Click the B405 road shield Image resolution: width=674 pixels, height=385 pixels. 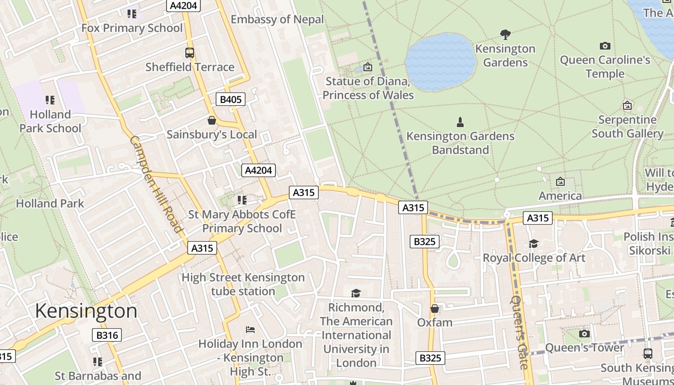230,100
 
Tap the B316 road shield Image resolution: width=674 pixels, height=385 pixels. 107,335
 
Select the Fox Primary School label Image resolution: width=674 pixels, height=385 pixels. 132,28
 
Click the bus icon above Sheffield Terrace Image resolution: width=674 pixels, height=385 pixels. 190,53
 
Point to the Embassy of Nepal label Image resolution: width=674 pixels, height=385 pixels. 277,19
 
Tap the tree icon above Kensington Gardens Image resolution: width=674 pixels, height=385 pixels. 505,34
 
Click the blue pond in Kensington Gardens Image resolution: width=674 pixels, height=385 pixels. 441,62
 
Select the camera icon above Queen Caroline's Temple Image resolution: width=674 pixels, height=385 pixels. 605,46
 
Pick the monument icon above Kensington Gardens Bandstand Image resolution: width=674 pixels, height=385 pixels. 460,122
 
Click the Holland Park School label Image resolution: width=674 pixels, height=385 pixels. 50,121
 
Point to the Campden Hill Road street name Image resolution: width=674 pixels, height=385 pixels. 156,184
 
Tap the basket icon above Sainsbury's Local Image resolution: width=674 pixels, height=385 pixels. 211,120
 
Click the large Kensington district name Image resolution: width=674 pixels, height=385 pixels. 86,311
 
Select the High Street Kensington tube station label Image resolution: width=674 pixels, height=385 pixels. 243,284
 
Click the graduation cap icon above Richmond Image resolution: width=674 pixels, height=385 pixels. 356,293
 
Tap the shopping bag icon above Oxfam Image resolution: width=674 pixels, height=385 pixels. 435,308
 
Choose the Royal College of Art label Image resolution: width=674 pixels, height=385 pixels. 534,257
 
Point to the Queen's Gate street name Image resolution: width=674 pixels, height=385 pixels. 519,332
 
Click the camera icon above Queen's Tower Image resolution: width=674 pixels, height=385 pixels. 584,334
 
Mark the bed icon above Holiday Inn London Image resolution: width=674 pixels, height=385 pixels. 250,330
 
